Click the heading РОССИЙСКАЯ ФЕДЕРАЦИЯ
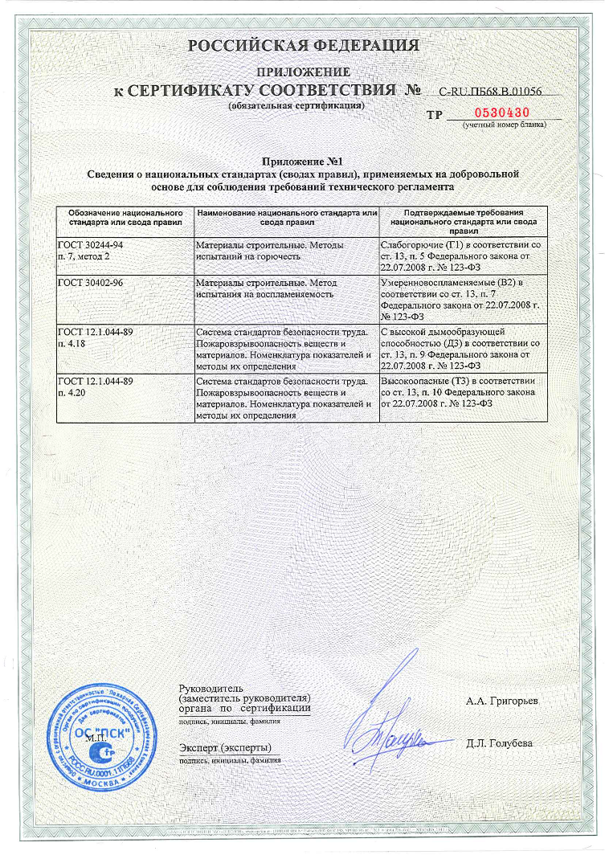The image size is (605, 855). pyautogui.click(x=303, y=46)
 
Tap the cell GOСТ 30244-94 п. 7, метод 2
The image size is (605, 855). pyautogui.click(x=126, y=252)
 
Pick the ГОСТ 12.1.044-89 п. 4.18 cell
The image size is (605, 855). pyautogui.click(x=126, y=348)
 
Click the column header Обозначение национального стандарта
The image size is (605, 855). pyautogui.click(x=126, y=216)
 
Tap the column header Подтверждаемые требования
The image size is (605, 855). pyautogui.click(x=464, y=216)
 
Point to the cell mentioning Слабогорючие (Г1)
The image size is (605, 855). pyautogui.click(x=464, y=252)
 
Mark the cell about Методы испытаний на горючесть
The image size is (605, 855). pyautogui.click(x=287, y=252)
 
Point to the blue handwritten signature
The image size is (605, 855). pyautogui.click(x=391, y=715)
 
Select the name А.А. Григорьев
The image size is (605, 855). pyautogui.click(x=502, y=702)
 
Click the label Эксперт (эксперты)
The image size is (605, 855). pyautogui.click(x=225, y=748)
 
